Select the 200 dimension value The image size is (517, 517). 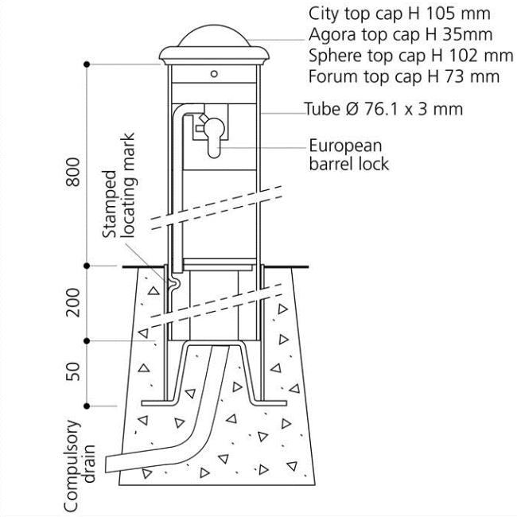73,302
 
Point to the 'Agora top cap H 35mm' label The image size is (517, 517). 399,35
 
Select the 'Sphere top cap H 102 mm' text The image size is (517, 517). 410,56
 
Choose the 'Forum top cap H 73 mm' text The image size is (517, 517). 403,76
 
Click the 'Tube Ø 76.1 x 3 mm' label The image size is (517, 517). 383,109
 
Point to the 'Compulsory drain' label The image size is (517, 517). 80,465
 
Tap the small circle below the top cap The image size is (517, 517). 215,73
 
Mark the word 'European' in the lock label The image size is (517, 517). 345,146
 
